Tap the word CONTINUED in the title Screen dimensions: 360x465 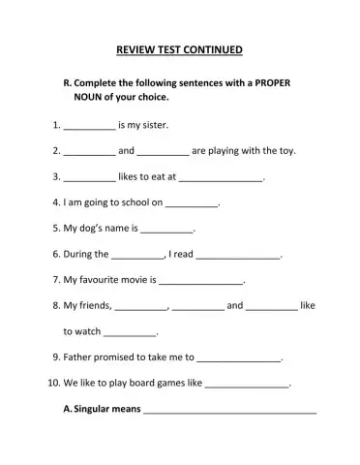pyautogui.click(x=217, y=48)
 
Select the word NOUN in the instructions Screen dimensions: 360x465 pyautogui.click(x=88, y=98)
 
